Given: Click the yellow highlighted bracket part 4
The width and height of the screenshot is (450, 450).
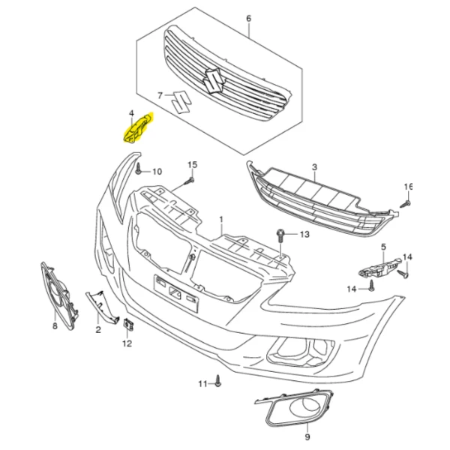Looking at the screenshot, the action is [x=138, y=129].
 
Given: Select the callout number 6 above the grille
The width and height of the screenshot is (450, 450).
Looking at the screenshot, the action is [x=248, y=19].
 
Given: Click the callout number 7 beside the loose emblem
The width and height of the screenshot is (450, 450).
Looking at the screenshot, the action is [x=160, y=95].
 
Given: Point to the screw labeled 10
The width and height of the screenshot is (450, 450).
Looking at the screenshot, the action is [x=139, y=169].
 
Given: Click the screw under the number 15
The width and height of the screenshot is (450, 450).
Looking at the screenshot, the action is [x=190, y=181].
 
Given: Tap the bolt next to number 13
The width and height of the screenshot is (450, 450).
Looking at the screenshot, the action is [x=280, y=235].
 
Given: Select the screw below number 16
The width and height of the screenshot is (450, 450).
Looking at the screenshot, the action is [x=406, y=204].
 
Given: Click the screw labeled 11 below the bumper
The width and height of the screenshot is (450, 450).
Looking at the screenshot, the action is [x=217, y=381].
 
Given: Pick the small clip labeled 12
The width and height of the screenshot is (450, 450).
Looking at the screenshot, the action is [x=128, y=325].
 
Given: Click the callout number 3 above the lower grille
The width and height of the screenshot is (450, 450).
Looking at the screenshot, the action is [x=314, y=166].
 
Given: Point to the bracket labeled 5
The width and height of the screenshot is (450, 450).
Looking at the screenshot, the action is [x=379, y=268].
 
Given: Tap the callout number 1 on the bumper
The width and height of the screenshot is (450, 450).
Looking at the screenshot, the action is [x=221, y=220].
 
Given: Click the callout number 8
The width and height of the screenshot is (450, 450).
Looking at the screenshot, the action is [x=55, y=326].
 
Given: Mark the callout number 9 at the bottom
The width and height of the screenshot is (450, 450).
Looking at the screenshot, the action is [x=307, y=437].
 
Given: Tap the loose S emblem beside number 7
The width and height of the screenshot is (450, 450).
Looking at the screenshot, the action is [x=181, y=102].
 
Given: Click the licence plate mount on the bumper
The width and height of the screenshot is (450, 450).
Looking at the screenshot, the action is [x=176, y=293].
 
